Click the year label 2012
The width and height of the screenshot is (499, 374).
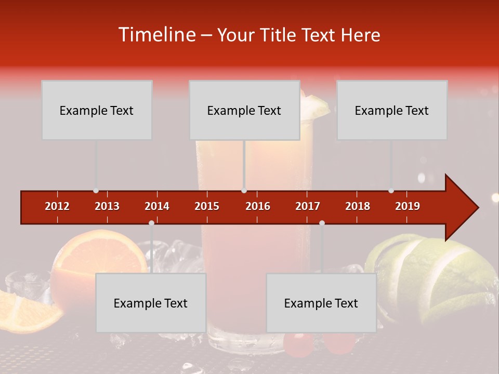pos(57,206)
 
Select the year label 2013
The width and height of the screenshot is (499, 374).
pos(107,206)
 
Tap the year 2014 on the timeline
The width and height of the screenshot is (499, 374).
pos(157,206)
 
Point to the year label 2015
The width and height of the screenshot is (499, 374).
pos(207,206)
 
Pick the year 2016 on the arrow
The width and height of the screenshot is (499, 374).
pos(258,206)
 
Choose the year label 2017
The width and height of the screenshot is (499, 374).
pos(308,206)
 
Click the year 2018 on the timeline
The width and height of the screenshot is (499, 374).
pos(358,206)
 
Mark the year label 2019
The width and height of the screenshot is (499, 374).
pos(408,206)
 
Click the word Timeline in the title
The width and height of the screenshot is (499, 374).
pos(156,35)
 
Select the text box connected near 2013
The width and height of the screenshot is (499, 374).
pos(97,110)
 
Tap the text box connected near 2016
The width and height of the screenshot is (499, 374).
pos(244,110)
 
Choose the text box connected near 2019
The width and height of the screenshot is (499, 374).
pos(392,110)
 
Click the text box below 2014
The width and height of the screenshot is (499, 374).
pos(151,303)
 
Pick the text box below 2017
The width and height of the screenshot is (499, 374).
pos(321,303)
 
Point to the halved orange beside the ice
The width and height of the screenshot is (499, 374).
pos(99,260)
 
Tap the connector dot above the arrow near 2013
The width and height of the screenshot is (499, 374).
pos(96,191)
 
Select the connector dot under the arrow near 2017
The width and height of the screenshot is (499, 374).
pos(322,223)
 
